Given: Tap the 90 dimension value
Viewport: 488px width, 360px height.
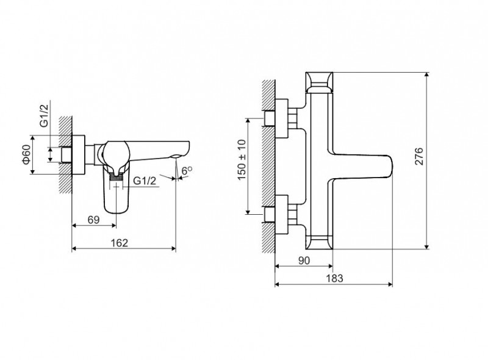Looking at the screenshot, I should tap(304, 260).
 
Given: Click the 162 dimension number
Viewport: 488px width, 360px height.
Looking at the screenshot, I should tap(120, 243).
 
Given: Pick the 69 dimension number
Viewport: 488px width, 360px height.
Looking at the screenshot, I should tap(93, 220).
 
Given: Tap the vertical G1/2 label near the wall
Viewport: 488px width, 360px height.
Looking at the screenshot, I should tap(44, 115).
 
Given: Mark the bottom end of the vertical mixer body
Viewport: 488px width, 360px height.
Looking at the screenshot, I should tap(320, 243).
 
